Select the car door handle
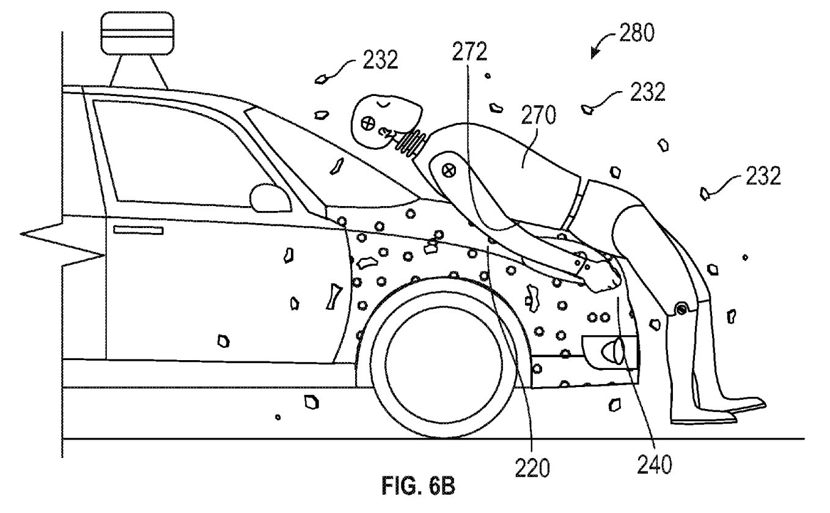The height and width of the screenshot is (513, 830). [138, 230]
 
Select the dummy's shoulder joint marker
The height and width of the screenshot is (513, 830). [450, 167]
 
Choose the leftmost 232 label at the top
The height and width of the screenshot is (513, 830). [379, 61]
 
